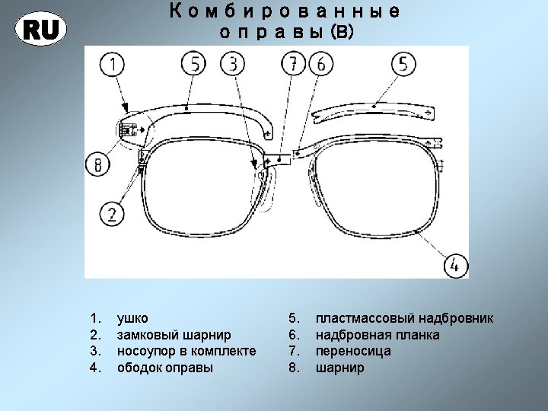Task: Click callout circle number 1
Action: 113,65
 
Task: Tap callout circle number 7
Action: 292,64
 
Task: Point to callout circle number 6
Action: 320,64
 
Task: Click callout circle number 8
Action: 98,163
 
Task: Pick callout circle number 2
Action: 112,212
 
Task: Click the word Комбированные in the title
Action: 284,13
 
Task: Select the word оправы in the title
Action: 264,33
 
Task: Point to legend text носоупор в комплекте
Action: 186,352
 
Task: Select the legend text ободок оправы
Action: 165,368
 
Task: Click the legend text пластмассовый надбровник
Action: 404,318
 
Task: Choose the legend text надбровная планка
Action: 377,335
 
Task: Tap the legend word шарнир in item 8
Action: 339,368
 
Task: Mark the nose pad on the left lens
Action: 263,188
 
